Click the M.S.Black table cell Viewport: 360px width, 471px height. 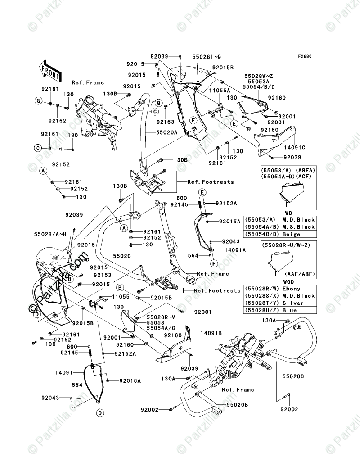299,227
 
